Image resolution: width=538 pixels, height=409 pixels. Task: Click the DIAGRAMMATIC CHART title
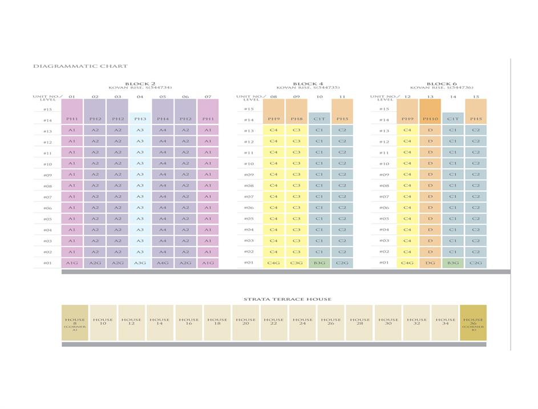[x=80, y=66]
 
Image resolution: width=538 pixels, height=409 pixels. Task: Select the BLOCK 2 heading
[x=140, y=84]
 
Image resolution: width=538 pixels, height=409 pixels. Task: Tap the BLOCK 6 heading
[x=442, y=84]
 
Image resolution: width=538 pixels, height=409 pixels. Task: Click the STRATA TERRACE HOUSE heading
[x=287, y=299]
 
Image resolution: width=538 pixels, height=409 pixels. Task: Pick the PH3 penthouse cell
[x=140, y=119]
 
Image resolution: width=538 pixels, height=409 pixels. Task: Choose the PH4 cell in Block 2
[x=163, y=119]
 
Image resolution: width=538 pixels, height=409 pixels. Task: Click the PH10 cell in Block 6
[x=430, y=120]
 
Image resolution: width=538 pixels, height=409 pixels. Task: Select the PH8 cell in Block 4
[x=296, y=120]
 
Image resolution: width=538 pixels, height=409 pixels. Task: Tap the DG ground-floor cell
[x=430, y=263]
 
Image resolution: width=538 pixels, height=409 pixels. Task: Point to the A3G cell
[x=140, y=263]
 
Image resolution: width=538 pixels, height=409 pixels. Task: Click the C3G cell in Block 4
[x=296, y=263]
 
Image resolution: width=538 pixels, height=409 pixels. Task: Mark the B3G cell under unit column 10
[x=319, y=263]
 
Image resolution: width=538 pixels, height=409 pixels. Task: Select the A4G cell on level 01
[x=163, y=263]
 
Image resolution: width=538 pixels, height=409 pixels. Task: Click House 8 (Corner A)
[x=75, y=323]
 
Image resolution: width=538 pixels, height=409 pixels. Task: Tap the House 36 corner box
[x=473, y=323]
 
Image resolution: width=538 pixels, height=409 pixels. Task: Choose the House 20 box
[x=246, y=323]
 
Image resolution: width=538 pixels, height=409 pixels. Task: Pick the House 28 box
[x=360, y=323]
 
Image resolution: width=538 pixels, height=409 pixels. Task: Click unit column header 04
[x=140, y=97]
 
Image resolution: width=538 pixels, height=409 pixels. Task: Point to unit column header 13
[x=430, y=97]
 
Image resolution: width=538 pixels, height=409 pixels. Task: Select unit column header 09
[x=296, y=97]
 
